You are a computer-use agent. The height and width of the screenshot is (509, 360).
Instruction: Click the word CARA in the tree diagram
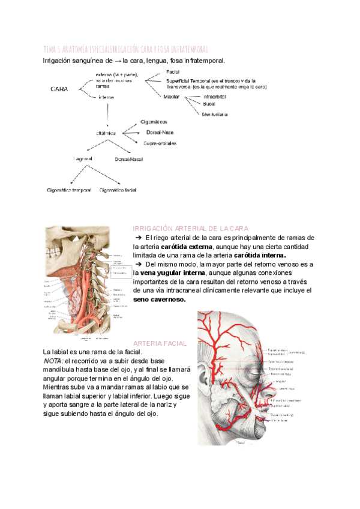click(x=59, y=89)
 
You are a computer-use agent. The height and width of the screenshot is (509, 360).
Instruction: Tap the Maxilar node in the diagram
click(x=171, y=96)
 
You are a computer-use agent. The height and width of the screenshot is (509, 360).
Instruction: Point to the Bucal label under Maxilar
click(x=210, y=104)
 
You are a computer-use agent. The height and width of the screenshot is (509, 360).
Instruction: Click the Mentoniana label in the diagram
click(x=215, y=113)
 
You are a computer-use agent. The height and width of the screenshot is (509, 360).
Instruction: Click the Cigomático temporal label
click(x=69, y=190)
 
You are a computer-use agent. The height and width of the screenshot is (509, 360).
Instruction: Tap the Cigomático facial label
click(x=118, y=190)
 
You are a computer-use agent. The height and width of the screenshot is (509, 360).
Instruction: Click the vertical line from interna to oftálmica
click(x=107, y=114)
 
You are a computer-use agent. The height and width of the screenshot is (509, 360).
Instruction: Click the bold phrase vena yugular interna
click(x=165, y=273)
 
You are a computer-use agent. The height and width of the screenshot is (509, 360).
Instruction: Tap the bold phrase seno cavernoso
click(x=160, y=299)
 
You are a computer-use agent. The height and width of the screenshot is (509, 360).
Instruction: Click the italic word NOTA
click(x=55, y=361)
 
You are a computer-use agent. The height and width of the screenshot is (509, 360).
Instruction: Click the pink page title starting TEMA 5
click(x=125, y=49)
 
